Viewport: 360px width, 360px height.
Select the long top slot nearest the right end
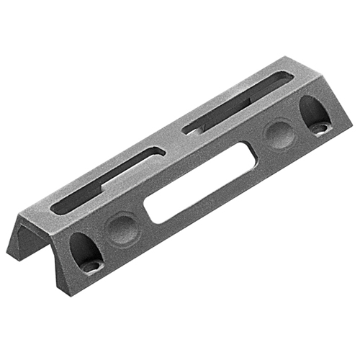238,101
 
